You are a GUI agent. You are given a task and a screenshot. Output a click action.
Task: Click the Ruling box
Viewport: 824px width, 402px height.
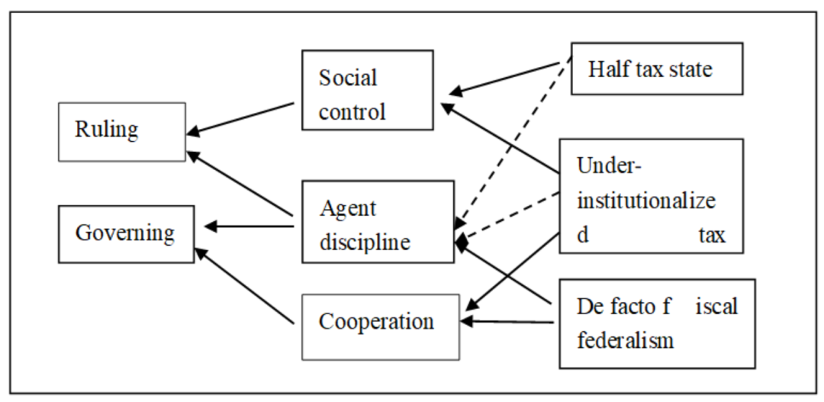(x=122, y=131)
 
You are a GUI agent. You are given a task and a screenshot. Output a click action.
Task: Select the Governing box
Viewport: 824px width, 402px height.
(x=126, y=233)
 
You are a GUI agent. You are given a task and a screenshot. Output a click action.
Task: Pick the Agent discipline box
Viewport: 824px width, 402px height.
(x=378, y=221)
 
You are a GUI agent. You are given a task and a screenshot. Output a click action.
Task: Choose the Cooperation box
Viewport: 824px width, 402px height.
(x=381, y=326)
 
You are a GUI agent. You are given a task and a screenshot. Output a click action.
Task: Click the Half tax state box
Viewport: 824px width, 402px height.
(x=656, y=70)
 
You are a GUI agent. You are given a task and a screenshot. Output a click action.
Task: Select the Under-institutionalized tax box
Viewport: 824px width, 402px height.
(x=650, y=195)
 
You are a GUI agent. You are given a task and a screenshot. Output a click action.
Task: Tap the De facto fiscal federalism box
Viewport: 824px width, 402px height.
(x=656, y=323)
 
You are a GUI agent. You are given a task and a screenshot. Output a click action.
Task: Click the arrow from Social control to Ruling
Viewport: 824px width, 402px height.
(x=241, y=119)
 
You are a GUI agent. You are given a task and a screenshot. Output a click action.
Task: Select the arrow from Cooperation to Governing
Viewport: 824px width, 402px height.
(x=244, y=287)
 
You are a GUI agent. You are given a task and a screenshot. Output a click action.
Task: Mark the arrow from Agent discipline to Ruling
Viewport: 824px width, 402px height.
(x=241, y=183)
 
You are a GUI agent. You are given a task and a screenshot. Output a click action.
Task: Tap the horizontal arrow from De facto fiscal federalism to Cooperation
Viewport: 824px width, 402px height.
(x=507, y=322)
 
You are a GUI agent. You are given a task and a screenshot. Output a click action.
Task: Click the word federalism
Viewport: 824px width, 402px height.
(x=625, y=339)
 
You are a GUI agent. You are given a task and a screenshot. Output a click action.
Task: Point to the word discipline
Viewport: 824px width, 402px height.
(x=365, y=242)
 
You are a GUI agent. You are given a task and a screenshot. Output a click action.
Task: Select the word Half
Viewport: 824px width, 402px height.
(x=606, y=69)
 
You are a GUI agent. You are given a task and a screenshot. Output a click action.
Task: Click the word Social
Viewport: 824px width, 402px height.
(x=348, y=78)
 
